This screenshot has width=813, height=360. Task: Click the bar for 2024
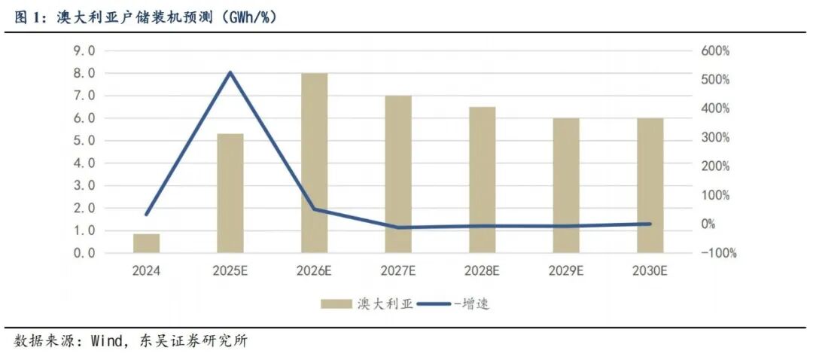coord(146,243)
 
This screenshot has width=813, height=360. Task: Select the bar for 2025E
coord(230,193)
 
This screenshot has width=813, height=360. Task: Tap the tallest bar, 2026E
coord(315,163)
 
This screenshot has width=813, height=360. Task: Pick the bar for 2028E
coord(483,179)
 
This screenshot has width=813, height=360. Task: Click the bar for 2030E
coord(650,185)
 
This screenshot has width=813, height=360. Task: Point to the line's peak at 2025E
coord(230,72)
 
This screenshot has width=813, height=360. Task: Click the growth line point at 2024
coord(147,215)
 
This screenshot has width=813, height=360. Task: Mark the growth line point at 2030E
coord(650,224)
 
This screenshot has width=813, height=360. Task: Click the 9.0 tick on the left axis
coord(84,51)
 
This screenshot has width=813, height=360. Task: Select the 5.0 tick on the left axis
coord(84,141)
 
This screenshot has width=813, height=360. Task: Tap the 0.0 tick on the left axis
coord(84,253)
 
